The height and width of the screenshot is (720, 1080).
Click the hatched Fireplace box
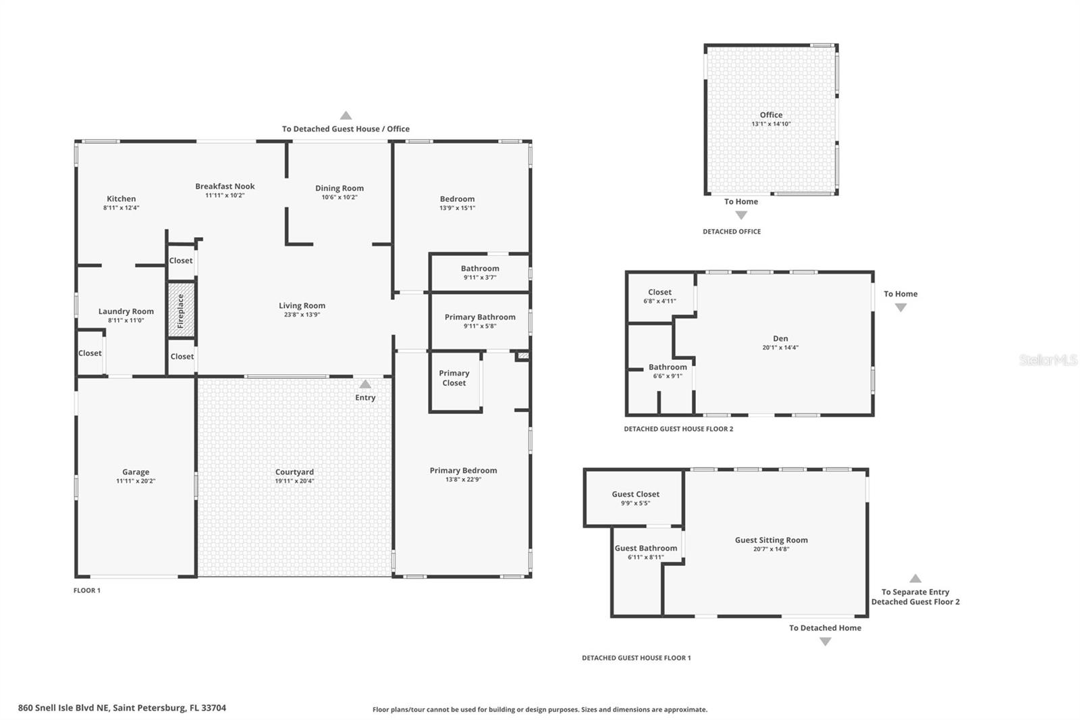tap(181, 310)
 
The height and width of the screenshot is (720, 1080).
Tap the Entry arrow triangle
tap(365, 384)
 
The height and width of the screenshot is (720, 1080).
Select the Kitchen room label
tap(122, 199)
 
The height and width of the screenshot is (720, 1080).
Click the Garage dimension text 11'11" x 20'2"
tap(136, 482)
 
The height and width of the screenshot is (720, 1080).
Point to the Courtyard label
tap(294, 472)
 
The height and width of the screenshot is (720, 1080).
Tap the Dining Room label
tap(340, 188)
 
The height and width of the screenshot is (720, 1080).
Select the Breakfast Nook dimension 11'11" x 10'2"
tap(225, 196)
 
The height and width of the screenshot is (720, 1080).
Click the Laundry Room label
tap(126, 311)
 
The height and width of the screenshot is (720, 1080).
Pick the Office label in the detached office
tap(771, 115)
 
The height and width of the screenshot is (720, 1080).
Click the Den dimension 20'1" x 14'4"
tap(780, 348)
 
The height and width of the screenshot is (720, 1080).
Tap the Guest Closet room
tap(635, 498)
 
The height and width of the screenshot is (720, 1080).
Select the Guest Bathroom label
tap(646, 548)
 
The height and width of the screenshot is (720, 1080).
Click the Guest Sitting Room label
tap(771, 540)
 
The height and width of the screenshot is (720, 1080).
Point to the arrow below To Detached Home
tap(825, 642)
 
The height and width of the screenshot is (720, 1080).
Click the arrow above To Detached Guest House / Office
tap(346, 115)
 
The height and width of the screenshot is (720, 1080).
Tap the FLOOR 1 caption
tap(87, 590)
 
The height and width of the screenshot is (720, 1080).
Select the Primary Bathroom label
tap(480, 317)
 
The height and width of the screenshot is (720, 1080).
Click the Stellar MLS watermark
tap(1048, 360)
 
